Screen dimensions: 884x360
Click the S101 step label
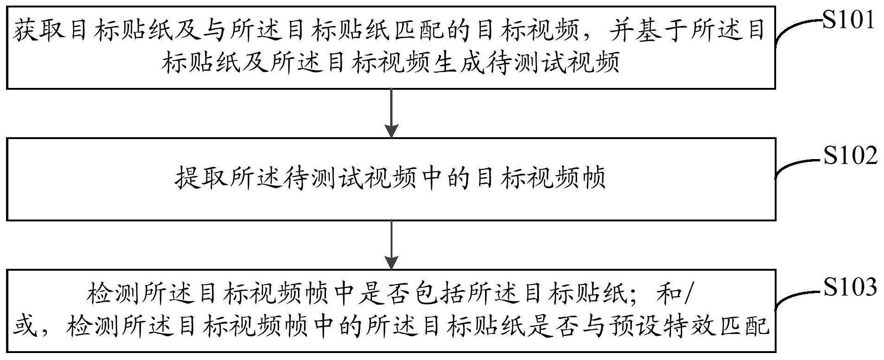849,21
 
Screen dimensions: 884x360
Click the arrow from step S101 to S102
392,113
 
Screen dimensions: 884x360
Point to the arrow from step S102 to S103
392,244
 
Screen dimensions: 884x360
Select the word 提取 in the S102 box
201,178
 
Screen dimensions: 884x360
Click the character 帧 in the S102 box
593,178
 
